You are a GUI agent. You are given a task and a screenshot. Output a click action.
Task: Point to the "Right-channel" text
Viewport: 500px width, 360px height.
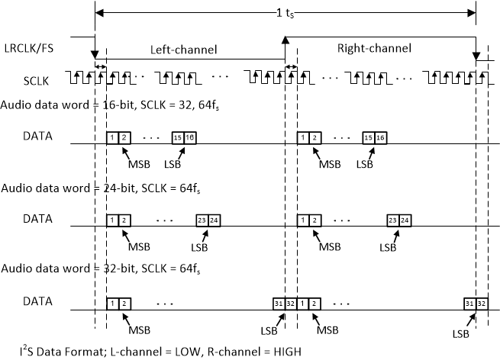click(373, 48)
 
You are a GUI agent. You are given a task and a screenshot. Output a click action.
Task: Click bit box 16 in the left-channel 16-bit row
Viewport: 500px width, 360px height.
click(190, 137)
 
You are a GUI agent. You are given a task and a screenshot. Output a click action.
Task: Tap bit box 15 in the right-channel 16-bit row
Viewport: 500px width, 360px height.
click(369, 137)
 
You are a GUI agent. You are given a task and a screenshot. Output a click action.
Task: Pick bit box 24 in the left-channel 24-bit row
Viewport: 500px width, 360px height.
click(215, 220)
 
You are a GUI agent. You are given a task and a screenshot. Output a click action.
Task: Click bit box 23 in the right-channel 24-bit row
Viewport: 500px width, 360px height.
click(392, 220)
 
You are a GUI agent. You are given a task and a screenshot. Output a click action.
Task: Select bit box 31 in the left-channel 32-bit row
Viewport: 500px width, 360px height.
click(278, 302)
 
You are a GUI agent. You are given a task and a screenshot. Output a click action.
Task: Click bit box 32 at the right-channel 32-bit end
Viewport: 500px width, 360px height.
click(482, 302)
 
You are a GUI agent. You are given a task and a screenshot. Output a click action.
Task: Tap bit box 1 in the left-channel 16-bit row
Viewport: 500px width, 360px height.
click(112, 137)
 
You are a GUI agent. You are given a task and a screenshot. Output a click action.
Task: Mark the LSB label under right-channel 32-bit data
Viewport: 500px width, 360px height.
click(460, 333)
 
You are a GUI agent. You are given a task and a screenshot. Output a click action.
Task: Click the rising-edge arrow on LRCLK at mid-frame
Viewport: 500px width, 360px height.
click(285, 40)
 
